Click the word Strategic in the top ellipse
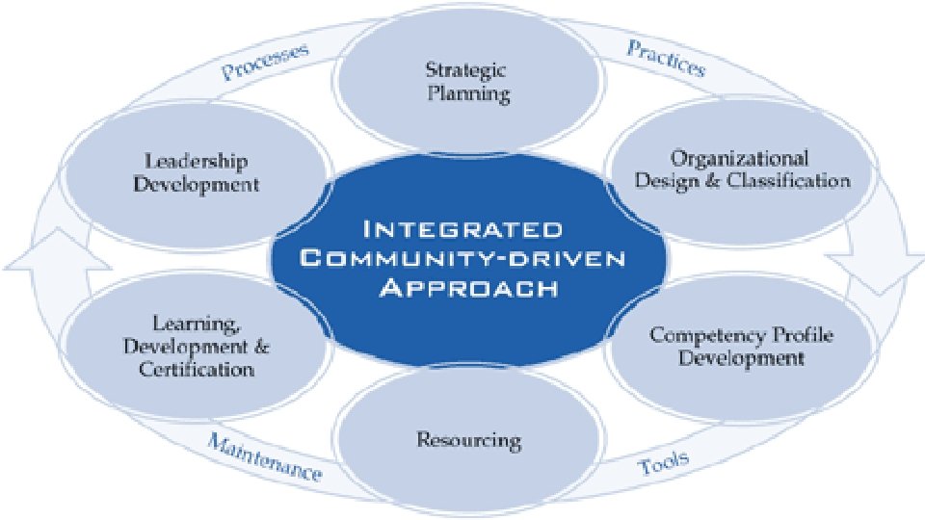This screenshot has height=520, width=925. pos(467,69)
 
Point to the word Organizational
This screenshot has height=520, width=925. pos(739,157)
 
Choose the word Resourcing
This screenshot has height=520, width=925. pos(468,441)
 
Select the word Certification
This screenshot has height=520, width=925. pos(197,370)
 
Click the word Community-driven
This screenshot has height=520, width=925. pos(461,258)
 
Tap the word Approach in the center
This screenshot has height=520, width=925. pos(462,286)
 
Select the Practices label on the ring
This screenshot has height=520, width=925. pos(667,58)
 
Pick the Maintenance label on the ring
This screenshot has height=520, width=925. pos(262,457)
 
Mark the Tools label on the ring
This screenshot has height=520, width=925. pos(664,462)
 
